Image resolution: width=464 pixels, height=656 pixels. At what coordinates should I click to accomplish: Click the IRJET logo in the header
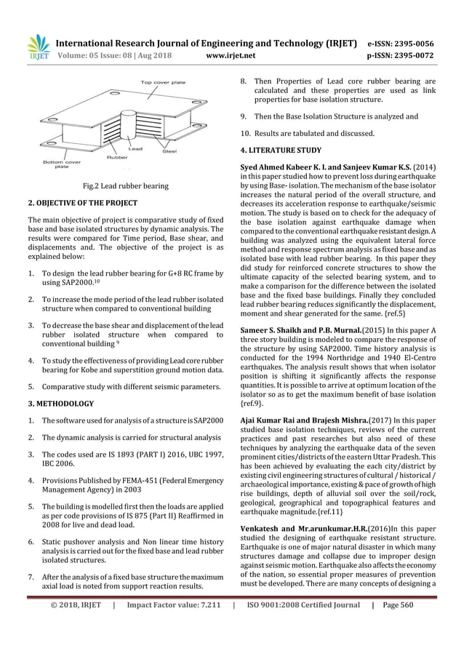(38, 46)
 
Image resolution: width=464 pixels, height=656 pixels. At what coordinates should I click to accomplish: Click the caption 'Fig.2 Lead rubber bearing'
(127, 186)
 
